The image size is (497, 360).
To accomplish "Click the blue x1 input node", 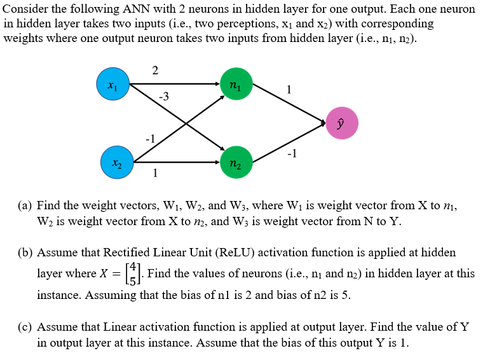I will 112,84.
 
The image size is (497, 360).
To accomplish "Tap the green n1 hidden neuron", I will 235,84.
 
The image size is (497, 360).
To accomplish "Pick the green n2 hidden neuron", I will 235,162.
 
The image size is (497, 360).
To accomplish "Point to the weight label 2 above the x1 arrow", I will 156,70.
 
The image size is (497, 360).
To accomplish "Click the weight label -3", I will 163,97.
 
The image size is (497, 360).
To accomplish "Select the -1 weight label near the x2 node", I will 150,138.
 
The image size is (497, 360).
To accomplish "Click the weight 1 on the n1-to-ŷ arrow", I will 290,90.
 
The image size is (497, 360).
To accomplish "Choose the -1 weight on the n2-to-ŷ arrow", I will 291,153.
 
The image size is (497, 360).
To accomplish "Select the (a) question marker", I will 25,206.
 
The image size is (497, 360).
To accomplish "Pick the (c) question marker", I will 25,328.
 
